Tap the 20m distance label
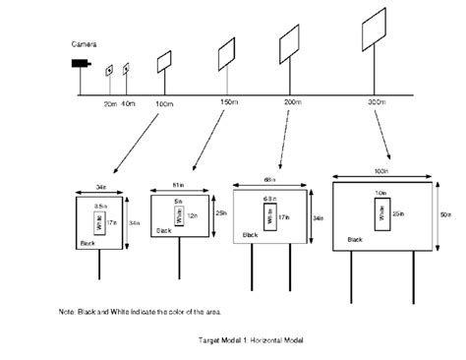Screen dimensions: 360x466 click(110, 103)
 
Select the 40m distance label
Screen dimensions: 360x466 click(129, 103)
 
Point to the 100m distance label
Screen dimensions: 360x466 click(163, 103)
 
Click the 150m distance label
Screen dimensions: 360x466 click(230, 103)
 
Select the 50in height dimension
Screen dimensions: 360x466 click(447, 213)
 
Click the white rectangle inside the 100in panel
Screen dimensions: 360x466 click(379, 210)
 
